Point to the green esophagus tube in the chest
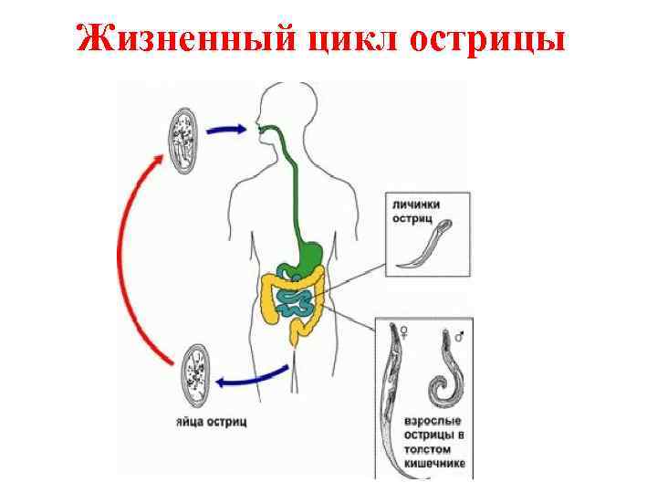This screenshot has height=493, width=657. coord(295,183)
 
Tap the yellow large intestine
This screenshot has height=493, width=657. coord(271,301)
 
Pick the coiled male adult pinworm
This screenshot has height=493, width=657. coord(448,374)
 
